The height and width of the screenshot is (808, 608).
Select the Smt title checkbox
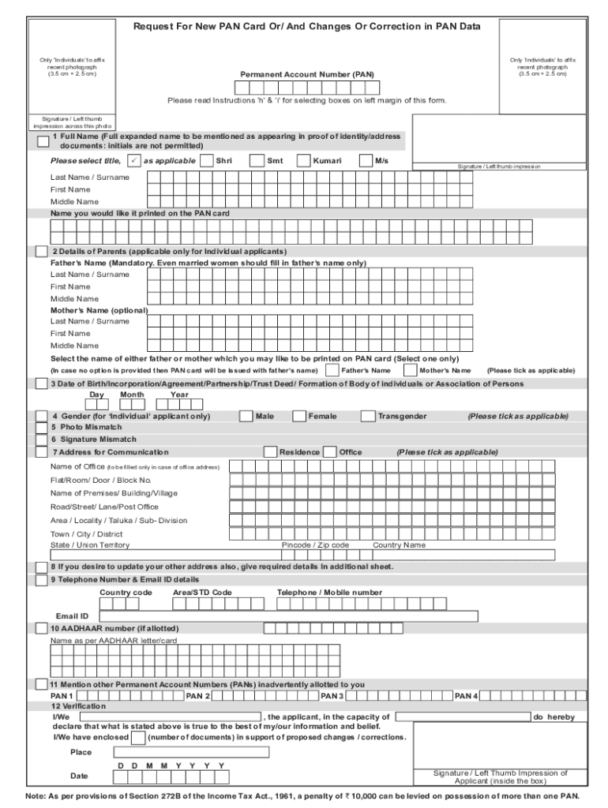pyautogui.click(x=257, y=161)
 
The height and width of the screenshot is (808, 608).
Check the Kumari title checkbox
pyautogui.click(x=303, y=161)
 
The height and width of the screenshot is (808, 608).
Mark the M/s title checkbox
pyautogui.click(x=366, y=161)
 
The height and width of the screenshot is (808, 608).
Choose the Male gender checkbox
pyautogui.click(x=246, y=416)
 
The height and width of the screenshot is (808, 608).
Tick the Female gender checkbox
pyautogui.click(x=299, y=416)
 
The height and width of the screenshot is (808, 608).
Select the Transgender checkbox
pyautogui.click(x=368, y=416)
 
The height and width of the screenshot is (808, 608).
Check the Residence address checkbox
pyautogui.click(x=270, y=452)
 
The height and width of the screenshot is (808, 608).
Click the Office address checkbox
pyautogui.click(x=330, y=452)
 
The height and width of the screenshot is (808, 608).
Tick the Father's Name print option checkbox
pyautogui.click(x=332, y=370)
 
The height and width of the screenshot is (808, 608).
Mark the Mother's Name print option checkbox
pyautogui.click(x=411, y=370)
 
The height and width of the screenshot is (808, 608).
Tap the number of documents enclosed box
pyautogui.click(x=138, y=738)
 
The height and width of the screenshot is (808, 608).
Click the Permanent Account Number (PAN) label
pyautogui.click(x=307, y=74)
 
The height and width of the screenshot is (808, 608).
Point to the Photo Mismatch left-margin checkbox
pyautogui.click(x=42, y=427)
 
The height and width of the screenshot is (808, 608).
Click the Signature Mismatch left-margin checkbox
pyautogui.click(x=42, y=440)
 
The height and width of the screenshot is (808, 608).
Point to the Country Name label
pyautogui.click(x=399, y=545)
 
